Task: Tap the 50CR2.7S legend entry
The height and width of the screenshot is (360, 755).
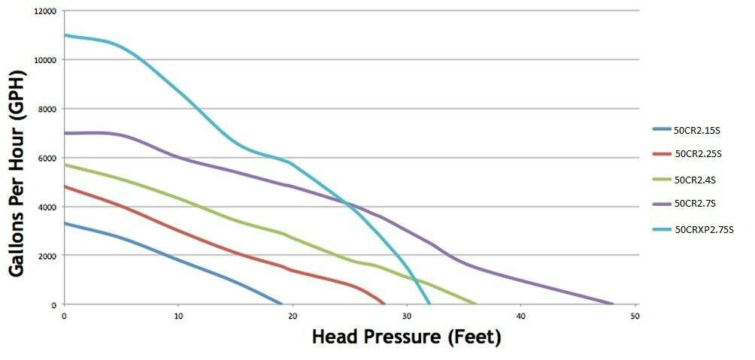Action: tap(696, 203)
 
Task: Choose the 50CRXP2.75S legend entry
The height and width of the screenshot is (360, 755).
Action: tap(703, 228)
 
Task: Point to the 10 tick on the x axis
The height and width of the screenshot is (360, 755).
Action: tap(178, 315)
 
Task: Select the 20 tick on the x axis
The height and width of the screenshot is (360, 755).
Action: tap(293, 315)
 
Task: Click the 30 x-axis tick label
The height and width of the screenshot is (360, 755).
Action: tap(406, 315)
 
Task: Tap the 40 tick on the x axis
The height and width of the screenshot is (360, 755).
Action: tap(520, 315)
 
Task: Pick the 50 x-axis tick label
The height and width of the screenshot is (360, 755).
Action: tap(635, 315)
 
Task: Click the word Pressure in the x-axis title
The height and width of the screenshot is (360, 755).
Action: tap(404, 337)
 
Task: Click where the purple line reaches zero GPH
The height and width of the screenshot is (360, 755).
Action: tap(613, 304)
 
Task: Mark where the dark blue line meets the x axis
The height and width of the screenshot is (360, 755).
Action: tap(281, 304)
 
